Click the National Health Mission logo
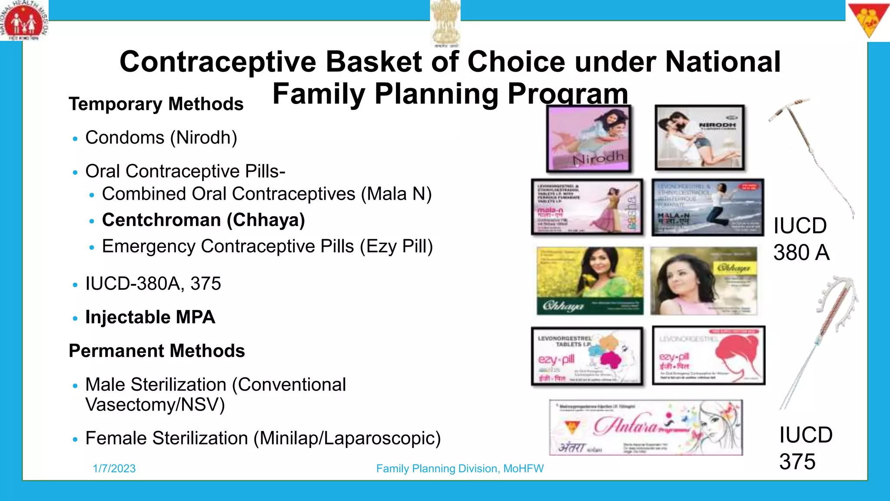click(24, 21)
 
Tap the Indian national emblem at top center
click(445, 22)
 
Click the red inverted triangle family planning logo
click(868, 20)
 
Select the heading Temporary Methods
click(156, 104)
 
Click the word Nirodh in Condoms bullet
click(203, 137)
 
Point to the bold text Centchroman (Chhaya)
click(203, 220)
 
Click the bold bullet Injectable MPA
click(150, 317)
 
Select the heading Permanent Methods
click(157, 351)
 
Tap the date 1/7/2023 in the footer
click(114, 468)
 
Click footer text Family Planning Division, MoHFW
click(460, 468)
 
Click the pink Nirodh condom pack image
click(588, 138)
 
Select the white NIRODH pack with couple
click(700, 137)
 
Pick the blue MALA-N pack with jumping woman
click(707, 207)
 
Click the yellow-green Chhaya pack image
click(590, 281)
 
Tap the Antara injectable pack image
click(646, 428)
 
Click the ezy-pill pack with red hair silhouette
click(708, 355)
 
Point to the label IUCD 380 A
click(801, 239)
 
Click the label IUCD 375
click(805, 448)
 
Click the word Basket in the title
click(374, 62)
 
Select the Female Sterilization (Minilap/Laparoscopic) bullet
click(263, 438)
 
